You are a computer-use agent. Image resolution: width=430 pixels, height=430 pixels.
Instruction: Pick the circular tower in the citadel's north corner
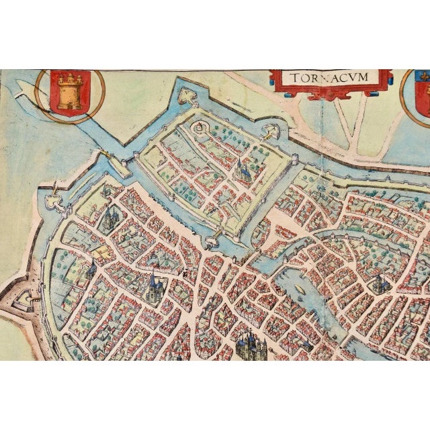(200, 127)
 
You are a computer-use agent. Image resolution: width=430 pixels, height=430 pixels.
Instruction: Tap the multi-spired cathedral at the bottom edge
(251, 346)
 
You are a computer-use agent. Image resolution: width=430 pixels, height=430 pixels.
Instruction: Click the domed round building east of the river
(378, 283)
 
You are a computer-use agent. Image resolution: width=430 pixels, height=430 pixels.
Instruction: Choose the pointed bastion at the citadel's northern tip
(179, 84)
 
